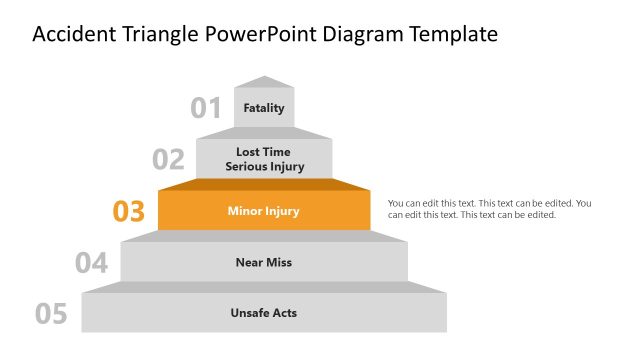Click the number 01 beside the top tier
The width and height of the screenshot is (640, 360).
pos(206,108)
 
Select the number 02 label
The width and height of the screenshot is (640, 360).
pos(168,160)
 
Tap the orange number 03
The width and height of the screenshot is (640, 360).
pos(129,212)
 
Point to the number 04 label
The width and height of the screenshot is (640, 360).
pos(91,263)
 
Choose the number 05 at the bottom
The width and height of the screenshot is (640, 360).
pos(52,314)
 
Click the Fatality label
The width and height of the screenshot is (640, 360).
pos(264,108)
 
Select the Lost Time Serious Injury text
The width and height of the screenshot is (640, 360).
pos(264,159)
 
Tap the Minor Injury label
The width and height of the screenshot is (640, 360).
pos(264,211)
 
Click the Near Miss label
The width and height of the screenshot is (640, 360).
pos(264,262)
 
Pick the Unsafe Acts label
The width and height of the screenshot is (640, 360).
pos(264,313)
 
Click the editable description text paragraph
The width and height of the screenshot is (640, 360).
pos(489,209)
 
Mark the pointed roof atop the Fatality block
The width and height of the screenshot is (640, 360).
pos(264,82)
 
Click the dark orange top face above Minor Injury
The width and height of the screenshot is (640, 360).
pos(264,184)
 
